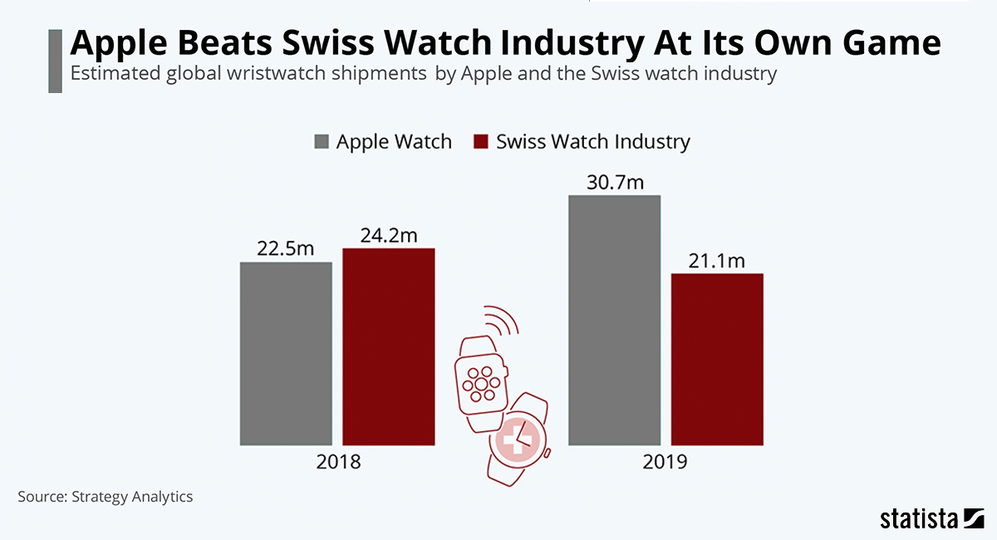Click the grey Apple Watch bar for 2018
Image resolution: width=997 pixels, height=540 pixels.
(286, 353)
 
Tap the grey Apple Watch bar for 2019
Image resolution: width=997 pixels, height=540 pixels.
(614, 320)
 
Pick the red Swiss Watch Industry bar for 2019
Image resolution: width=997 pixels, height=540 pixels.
(717, 359)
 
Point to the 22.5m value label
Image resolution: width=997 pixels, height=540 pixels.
(286, 249)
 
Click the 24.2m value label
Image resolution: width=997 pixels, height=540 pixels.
(388, 235)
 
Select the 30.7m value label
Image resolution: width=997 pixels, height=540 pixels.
(615, 182)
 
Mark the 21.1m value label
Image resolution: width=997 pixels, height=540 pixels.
(717, 261)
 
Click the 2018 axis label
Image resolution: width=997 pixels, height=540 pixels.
(338, 462)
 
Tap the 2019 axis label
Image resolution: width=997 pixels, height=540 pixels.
(665, 462)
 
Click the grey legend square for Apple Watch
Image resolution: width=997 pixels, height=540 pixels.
(322, 141)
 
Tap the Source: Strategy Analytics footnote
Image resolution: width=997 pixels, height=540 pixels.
(105, 497)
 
